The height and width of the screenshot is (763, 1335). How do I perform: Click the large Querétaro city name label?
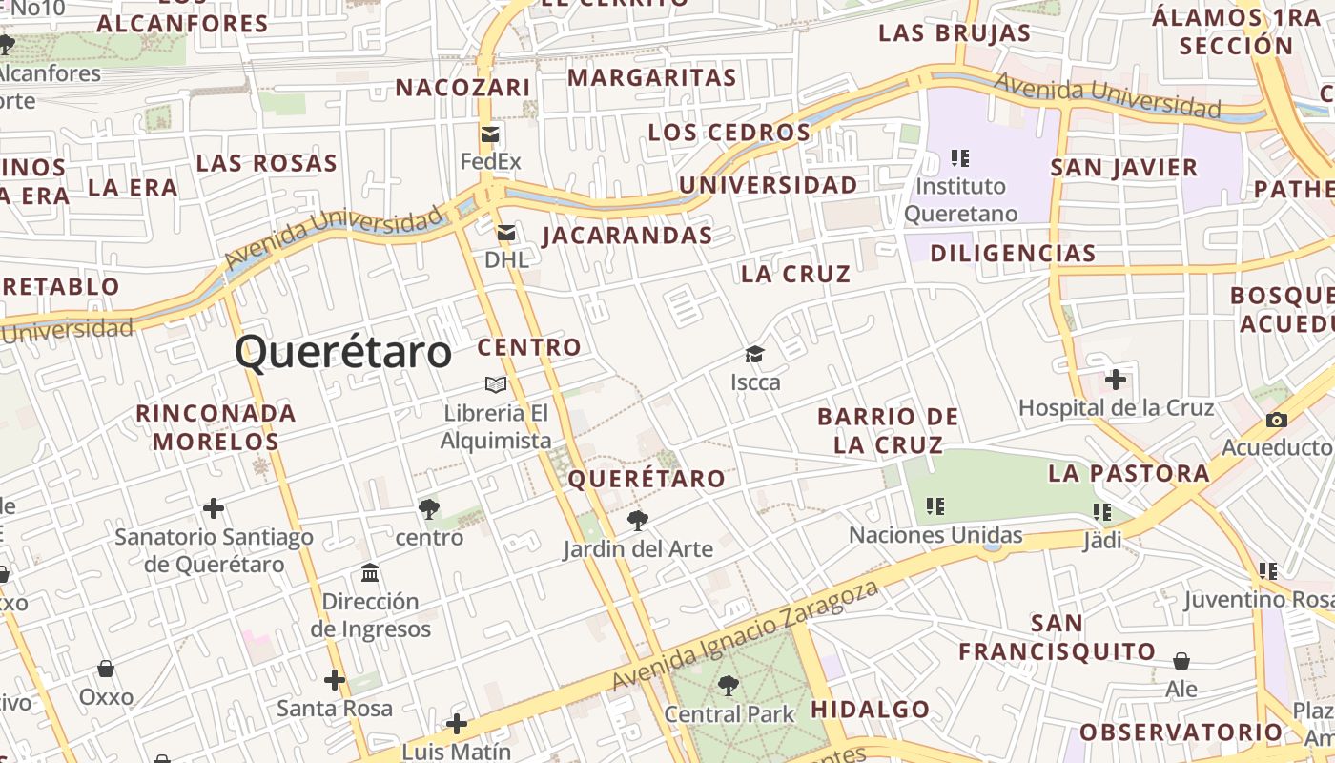343,352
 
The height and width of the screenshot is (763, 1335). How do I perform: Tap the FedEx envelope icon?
490,134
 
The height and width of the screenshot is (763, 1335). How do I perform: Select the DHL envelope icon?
505,233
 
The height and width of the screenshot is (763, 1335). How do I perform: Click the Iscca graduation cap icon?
755,355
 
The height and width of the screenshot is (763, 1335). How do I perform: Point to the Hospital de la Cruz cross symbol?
1115,381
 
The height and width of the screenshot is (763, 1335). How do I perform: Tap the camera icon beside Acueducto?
1276,420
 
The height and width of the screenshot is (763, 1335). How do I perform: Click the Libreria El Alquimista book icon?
496,384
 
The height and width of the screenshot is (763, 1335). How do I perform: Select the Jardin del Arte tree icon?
637,521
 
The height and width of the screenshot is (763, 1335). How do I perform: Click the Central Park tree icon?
729,685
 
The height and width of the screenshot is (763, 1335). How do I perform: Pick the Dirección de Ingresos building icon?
370,573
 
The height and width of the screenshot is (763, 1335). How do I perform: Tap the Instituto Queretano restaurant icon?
960,157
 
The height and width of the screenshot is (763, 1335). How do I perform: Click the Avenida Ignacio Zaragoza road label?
745,636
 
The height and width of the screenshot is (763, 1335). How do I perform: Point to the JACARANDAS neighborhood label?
627,236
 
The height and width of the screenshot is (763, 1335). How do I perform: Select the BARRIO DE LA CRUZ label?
888,430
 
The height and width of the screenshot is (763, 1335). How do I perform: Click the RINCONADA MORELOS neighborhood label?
216,427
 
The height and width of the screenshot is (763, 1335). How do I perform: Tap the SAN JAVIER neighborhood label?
1123,168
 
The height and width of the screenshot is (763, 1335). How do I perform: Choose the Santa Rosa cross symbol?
334,680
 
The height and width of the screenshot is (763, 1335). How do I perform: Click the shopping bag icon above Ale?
1181,661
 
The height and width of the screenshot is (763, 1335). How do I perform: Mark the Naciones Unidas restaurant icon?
935,506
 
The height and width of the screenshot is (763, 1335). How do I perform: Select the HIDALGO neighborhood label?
870,710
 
